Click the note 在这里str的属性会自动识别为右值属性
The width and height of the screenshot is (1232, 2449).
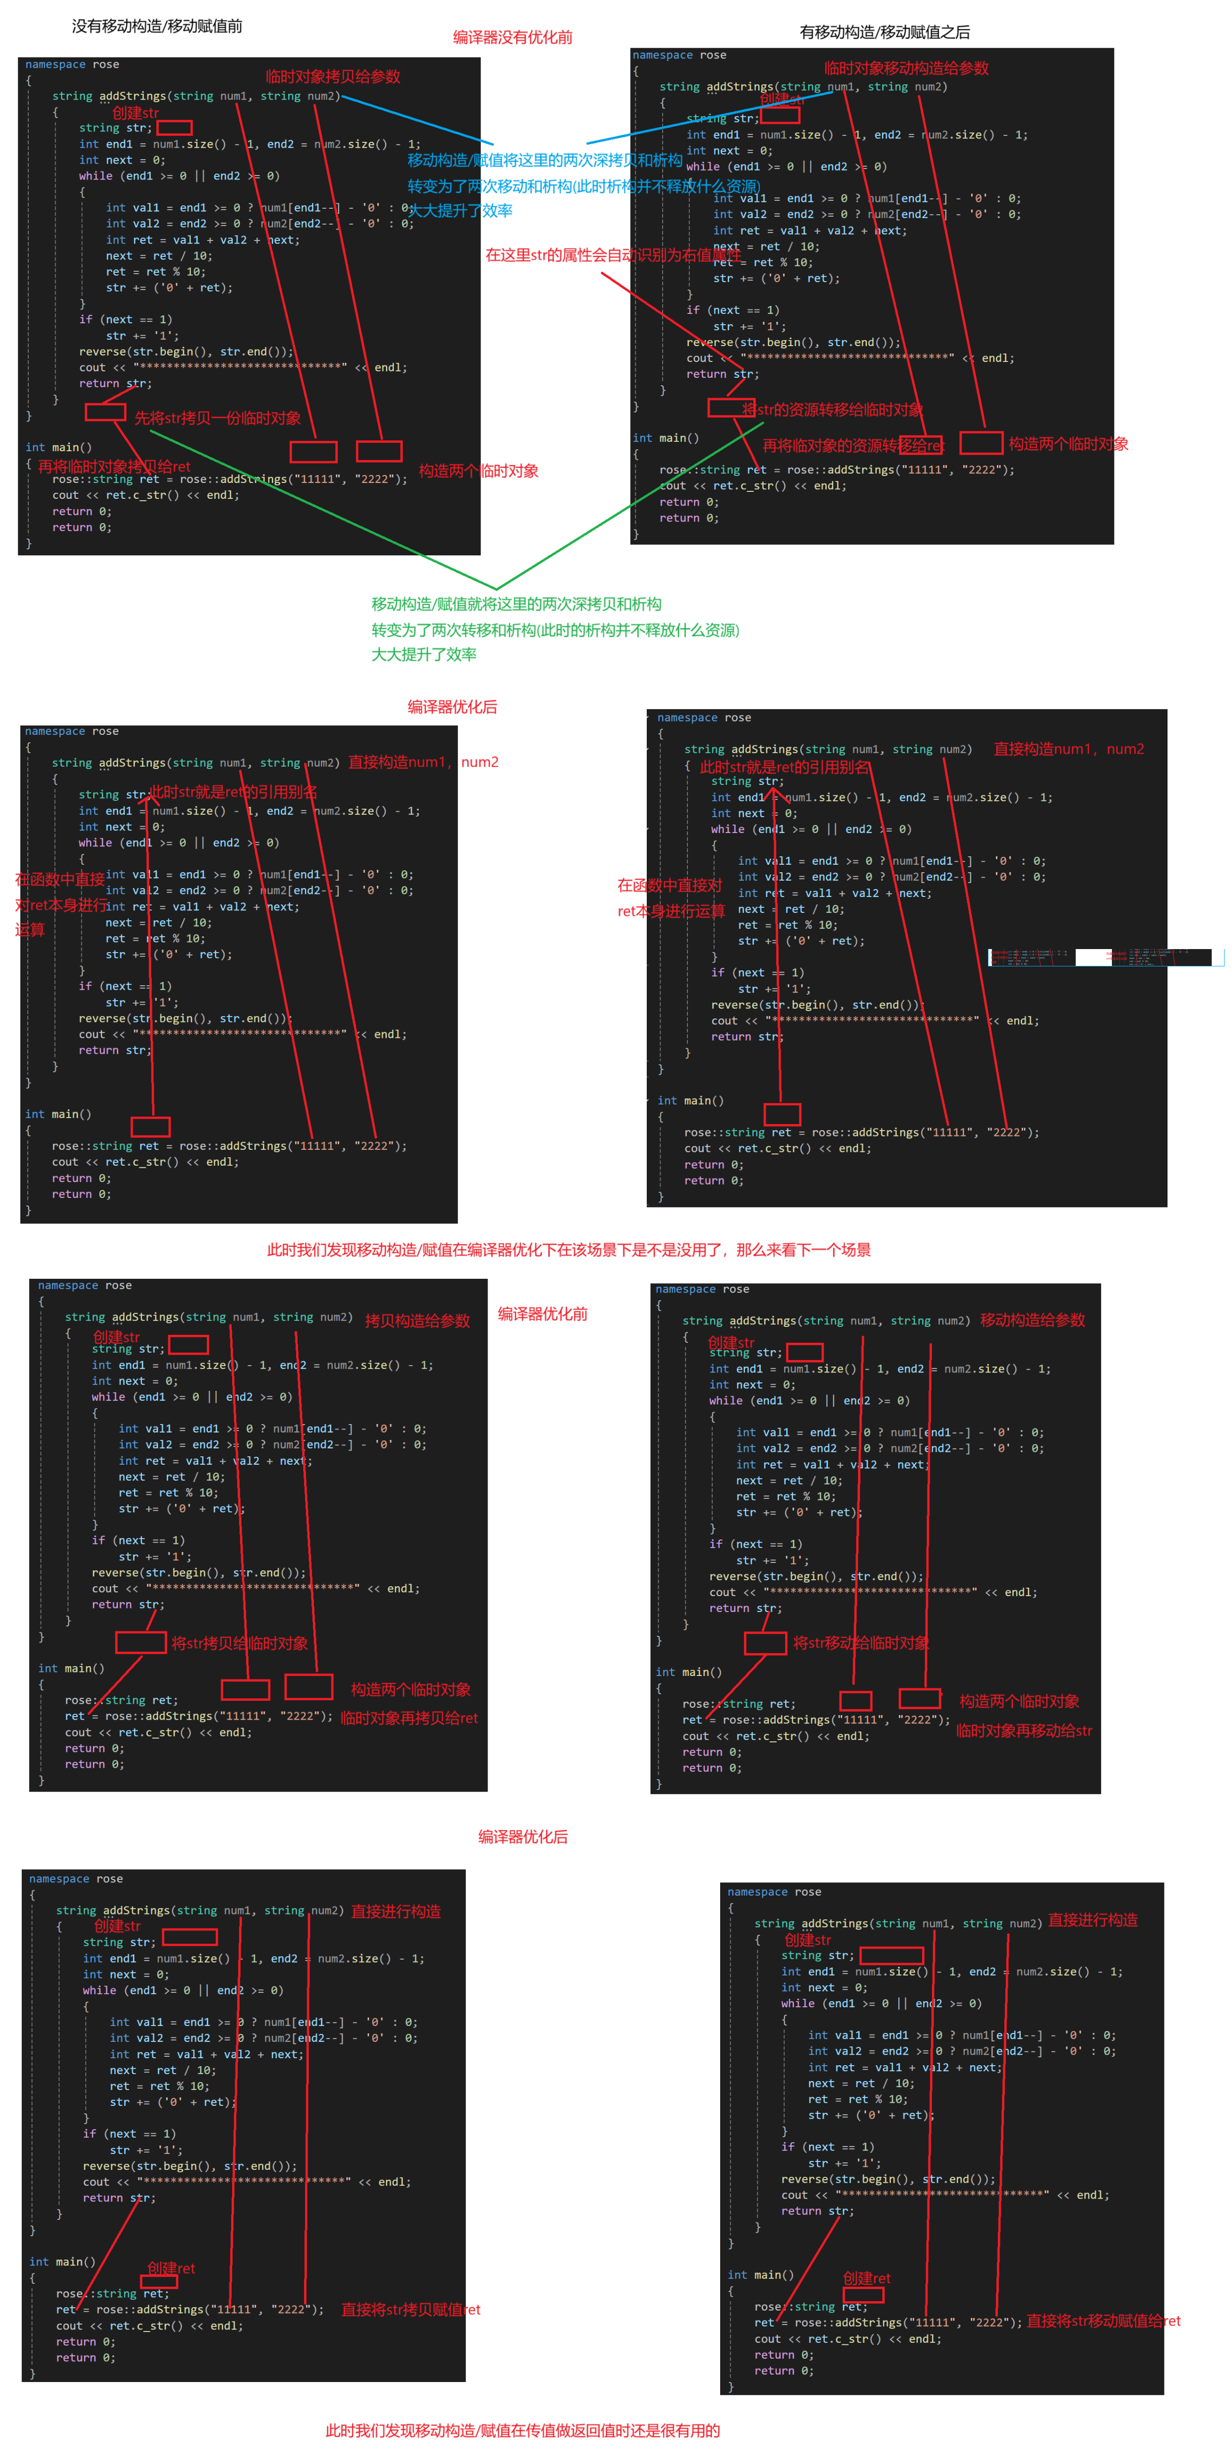coord(613,255)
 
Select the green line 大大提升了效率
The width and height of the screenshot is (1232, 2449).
coord(424,654)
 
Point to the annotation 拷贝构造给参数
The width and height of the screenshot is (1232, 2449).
coord(417,1320)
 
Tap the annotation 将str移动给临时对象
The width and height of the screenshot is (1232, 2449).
coord(861,1643)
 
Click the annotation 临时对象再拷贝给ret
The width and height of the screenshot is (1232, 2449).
coord(409,1718)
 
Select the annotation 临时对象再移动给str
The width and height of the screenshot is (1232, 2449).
coord(1024,1731)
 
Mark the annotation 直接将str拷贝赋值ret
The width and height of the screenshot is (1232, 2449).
coord(411,2309)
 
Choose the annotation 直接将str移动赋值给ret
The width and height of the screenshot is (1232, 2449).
coord(1103,2321)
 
